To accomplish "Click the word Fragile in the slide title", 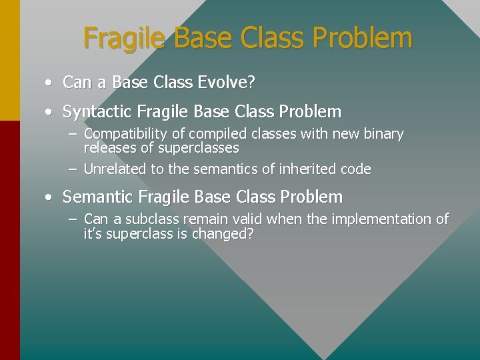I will coord(125,39).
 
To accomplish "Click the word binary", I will coord(383,135).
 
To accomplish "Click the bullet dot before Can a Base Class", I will coord(50,83).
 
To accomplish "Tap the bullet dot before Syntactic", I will coord(50,112).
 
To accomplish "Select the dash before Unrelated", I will coord(72,169).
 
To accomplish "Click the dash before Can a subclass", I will coord(72,219).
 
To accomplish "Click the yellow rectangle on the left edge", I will coord(9,60).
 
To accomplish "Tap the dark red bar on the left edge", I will coord(9,240).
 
